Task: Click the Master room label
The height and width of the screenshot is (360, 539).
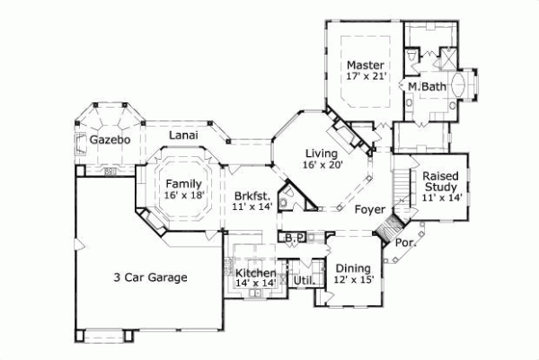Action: (x=366, y=66)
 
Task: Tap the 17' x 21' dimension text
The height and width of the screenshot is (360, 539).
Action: (x=366, y=78)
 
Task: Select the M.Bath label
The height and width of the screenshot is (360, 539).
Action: (x=428, y=86)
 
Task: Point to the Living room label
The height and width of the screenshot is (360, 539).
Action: (x=319, y=154)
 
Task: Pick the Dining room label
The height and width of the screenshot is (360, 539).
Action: (x=352, y=268)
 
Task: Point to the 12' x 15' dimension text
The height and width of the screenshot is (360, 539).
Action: (x=352, y=280)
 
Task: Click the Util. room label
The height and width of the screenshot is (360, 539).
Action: (x=303, y=281)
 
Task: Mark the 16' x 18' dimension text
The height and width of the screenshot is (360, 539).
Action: (x=184, y=195)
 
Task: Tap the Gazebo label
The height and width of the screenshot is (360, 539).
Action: (x=111, y=141)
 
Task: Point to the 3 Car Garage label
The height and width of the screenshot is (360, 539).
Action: (x=150, y=277)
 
